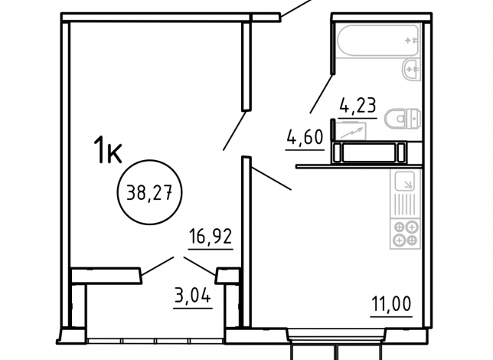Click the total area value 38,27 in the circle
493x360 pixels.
tap(149, 192)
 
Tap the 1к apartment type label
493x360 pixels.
tap(108, 150)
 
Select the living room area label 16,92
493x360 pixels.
tap(211, 237)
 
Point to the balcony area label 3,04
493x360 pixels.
tap(192, 296)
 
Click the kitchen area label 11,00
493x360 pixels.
tap(391, 304)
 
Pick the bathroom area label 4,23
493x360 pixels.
tap(358, 105)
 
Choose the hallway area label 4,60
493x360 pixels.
tap(305, 137)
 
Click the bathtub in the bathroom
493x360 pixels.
tap(378, 41)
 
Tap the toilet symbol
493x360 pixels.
tap(403, 119)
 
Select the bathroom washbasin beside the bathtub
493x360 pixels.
tap(411, 69)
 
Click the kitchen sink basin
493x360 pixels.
tap(405, 182)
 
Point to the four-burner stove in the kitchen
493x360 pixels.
tap(405, 234)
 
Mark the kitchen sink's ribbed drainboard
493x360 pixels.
tap(405, 205)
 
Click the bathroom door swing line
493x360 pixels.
tap(322, 93)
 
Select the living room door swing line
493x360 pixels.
tap(234, 130)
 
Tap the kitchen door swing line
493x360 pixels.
tap(271, 178)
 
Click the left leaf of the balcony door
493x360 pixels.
tap(157, 267)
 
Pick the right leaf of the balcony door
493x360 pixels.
tap(200, 267)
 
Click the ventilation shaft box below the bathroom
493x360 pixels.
tap(370, 152)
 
